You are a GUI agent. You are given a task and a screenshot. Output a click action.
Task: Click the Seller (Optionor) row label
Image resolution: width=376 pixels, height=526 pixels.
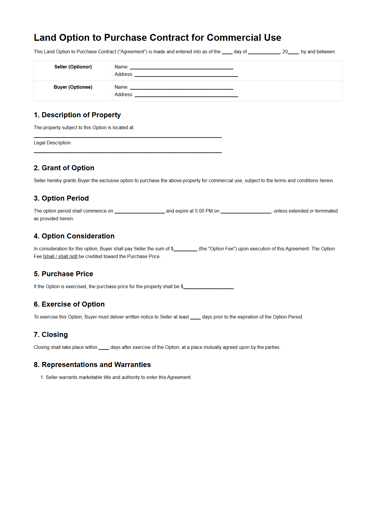73,67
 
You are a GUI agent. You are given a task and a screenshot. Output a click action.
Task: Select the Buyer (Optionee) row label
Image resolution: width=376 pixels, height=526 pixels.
73,87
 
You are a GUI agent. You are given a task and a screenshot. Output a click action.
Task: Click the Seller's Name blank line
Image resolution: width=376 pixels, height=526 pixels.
182,68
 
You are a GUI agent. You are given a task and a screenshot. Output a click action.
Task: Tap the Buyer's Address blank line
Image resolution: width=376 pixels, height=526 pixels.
186,95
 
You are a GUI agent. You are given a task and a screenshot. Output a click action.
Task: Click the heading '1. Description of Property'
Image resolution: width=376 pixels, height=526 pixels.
77,115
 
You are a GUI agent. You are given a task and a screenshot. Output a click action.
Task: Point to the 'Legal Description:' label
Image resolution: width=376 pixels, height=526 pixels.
53,143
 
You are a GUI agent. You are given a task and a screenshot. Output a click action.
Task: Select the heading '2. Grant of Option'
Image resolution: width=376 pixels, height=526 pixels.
64,168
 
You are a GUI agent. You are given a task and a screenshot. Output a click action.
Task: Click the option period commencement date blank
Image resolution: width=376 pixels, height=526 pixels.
140,211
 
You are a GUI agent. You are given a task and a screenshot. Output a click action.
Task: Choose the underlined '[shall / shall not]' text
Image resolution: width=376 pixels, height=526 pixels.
60,257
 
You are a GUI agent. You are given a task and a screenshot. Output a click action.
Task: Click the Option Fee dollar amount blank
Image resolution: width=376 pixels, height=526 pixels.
185,249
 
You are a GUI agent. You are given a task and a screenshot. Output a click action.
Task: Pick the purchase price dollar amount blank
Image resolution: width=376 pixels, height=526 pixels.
208,287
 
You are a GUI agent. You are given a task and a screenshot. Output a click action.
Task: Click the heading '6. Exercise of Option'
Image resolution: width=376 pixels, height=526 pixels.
69,305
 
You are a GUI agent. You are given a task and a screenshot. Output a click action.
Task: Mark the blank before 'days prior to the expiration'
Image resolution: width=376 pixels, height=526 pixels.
195,318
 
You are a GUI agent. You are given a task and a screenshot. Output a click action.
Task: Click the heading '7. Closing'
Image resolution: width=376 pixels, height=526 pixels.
51,335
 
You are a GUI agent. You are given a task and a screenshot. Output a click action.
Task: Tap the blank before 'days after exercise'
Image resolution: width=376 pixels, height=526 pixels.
104,348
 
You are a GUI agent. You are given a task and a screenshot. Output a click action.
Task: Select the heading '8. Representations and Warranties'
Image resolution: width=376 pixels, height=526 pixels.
92,365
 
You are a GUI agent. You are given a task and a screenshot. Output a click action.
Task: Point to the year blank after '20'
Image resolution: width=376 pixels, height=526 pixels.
293,52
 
